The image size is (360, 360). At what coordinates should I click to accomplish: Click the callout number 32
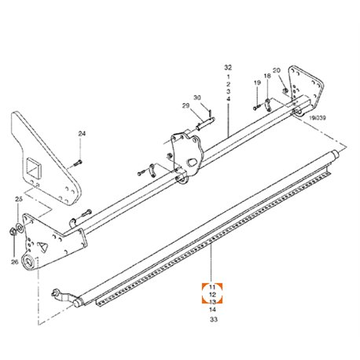[228, 68]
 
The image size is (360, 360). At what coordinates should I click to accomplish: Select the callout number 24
[82, 134]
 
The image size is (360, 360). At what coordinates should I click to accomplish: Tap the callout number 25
[19, 199]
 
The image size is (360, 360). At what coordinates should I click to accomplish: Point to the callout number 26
[15, 262]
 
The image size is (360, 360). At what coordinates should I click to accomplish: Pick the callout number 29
[186, 106]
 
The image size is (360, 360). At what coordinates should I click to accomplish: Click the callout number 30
[197, 97]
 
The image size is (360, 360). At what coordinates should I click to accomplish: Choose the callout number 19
[257, 83]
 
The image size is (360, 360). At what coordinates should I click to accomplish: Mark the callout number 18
[267, 76]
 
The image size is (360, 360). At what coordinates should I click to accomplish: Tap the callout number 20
[277, 70]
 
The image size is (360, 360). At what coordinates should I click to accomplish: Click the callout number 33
[214, 319]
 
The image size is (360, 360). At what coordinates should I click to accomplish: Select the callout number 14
[212, 310]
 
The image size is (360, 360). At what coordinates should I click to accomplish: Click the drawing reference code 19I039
[318, 118]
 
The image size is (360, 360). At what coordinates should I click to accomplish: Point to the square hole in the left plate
[34, 167]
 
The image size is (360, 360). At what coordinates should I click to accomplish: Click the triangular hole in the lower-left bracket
[43, 247]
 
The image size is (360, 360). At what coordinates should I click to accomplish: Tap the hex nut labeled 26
[13, 232]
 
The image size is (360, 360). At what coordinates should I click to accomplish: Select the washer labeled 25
[20, 228]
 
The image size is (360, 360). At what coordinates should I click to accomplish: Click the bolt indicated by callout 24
[78, 163]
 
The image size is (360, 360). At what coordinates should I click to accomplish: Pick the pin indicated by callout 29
[206, 123]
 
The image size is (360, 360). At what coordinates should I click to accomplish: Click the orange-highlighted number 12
[212, 295]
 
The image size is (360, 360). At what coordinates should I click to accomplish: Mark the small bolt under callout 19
[256, 107]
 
